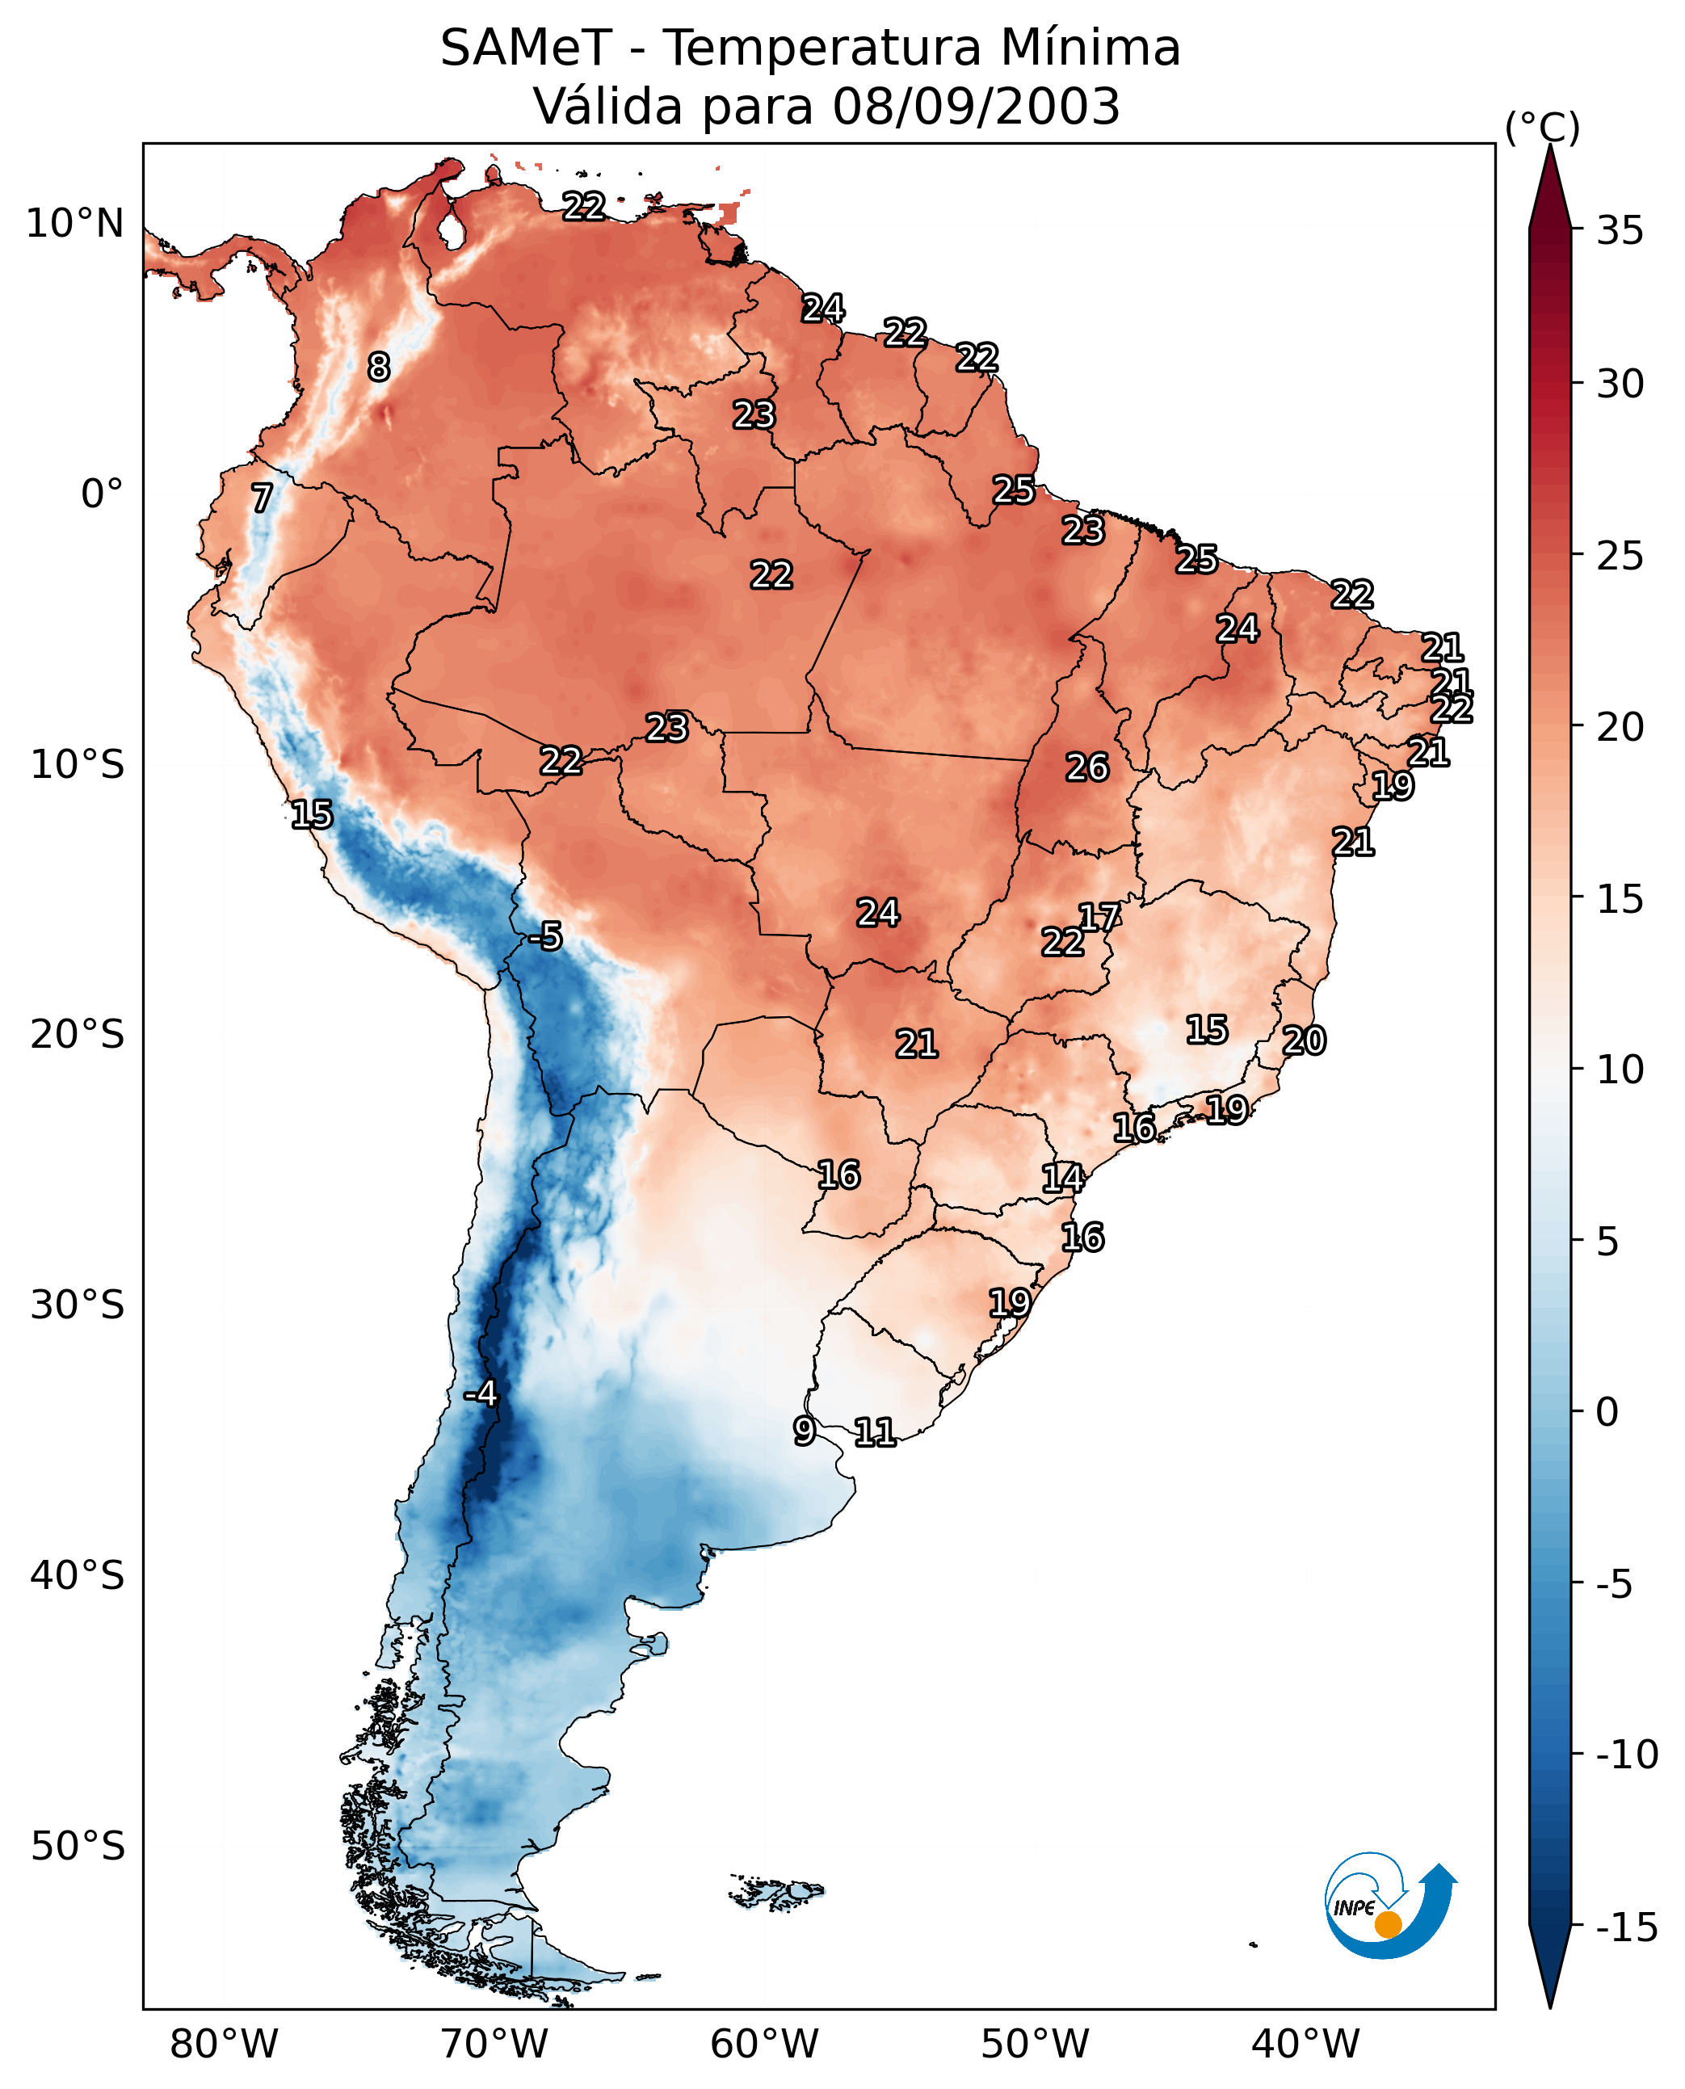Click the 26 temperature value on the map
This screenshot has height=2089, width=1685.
pyautogui.click(x=1087, y=768)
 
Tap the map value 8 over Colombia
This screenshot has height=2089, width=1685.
pyautogui.click(x=379, y=367)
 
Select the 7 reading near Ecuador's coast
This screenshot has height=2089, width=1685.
pyautogui.click(x=262, y=498)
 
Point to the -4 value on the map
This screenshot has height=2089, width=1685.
pyautogui.click(x=481, y=1394)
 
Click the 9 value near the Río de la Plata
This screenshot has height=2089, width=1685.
pyautogui.click(x=804, y=1431)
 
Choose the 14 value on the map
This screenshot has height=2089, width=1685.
pyautogui.click(x=1063, y=1178)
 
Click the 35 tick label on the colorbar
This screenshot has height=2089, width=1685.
pyautogui.click(x=1620, y=231)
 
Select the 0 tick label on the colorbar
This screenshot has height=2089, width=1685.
pyautogui.click(x=1607, y=1412)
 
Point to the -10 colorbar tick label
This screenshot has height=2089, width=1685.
pyautogui.click(x=1627, y=1754)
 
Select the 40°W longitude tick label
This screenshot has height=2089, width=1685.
pyautogui.click(x=1305, y=2044)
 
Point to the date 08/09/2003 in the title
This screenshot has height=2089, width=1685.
pyautogui.click(x=976, y=107)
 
